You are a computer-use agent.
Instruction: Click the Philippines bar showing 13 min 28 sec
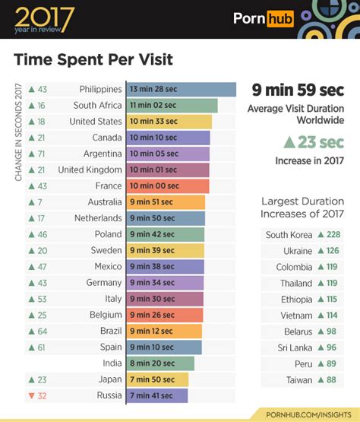181,90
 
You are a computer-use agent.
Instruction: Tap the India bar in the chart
159,363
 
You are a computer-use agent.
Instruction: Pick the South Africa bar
172,106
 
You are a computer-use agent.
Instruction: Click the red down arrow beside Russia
30,395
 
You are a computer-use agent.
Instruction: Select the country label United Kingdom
90,170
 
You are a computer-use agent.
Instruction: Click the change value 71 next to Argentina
42,154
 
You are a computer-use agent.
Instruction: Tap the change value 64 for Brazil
42,331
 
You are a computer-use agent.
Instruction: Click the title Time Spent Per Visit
93,59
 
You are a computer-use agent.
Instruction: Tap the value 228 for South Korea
333,235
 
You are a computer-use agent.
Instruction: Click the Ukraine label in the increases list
298,251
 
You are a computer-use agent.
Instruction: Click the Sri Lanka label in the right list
293,348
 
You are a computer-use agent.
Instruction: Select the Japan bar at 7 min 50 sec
156,379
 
